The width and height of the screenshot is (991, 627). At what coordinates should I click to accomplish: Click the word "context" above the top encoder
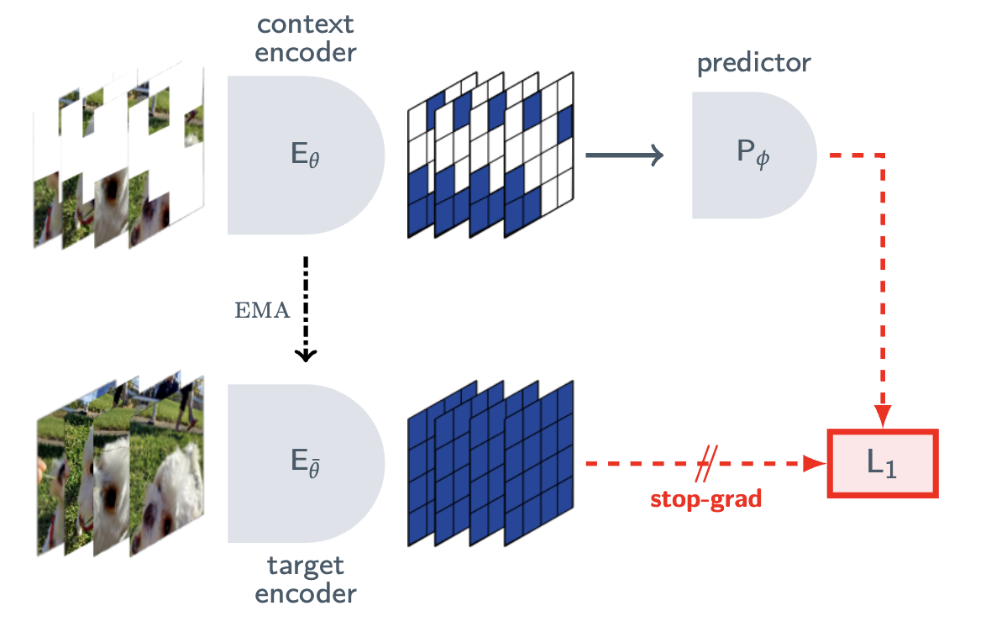coord(305,24)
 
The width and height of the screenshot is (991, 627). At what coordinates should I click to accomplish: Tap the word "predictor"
coord(753,63)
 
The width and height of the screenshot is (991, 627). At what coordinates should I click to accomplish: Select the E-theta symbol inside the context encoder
coord(305,155)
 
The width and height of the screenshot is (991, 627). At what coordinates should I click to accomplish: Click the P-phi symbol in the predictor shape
coord(753,153)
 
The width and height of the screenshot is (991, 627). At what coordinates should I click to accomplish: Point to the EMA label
coord(262,310)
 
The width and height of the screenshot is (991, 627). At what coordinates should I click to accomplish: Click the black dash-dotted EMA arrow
coord(306,308)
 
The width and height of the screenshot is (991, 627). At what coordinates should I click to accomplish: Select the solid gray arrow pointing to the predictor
coord(625,155)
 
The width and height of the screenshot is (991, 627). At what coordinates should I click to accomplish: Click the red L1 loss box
coord(883,464)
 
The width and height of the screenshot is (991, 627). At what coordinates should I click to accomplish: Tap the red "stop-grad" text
coord(706,499)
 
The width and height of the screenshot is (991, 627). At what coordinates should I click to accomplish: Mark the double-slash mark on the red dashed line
coord(706,464)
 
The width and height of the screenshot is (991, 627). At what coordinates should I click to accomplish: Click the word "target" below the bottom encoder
coord(305,566)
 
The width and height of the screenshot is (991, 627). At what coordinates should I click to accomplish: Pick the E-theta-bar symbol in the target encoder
coord(305,462)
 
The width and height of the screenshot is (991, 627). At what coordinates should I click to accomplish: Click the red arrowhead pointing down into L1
coord(883,416)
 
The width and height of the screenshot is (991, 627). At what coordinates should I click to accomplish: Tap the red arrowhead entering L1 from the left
coord(815,464)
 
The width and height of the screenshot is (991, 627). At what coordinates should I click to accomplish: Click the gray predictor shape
coord(754,155)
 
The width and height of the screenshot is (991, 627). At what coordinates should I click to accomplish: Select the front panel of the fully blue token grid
coord(538,463)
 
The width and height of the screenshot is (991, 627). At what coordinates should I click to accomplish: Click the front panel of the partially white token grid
coord(538,155)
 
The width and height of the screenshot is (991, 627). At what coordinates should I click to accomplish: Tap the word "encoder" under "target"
coord(305,594)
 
